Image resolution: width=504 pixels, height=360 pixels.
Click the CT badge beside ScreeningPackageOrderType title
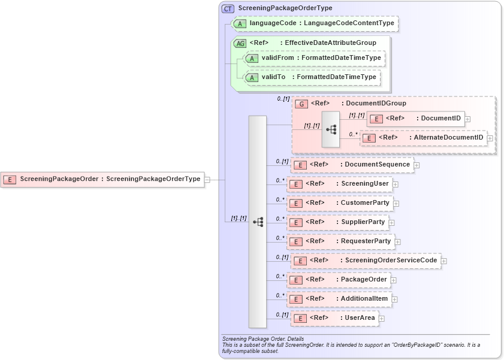pyautogui.click(x=228, y=8)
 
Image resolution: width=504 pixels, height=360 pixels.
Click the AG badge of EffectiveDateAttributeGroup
pyautogui.click(x=240, y=43)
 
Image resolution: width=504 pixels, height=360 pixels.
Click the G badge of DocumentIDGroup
pyautogui.click(x=302, y=104)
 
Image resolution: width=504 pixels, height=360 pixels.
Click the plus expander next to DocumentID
pyautogui.click(x=467, y=119)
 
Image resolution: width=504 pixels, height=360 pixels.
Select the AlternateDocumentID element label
pyautogui.click(x=448, y=138)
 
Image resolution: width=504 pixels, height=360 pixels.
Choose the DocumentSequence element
pyautogui.click(x=354, y=165)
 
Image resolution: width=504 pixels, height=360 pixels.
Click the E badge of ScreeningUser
pyautogui.click(x=295, y=184)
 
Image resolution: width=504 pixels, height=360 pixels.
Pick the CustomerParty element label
pyautogui.click(x=364, y=203)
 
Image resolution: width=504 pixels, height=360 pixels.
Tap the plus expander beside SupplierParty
pyautogui.click(x=391, y=223)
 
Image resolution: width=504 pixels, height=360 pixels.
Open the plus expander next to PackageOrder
pyautogui.click(x=393, y=280)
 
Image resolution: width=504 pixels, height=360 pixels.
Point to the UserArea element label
pyautogui.click(x=360, y=318)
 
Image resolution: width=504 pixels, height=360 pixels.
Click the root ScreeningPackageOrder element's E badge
pyautogui.click(x=10, y=179)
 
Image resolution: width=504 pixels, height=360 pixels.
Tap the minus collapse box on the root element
pyautogui.click(x=207, y=179)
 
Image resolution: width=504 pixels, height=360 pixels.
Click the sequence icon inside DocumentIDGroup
pyautogui.click(x=331, y=129)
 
